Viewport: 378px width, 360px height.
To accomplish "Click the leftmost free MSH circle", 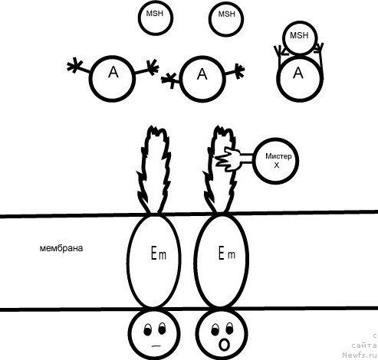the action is (156, 18).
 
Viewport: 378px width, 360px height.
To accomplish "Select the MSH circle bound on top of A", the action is (300, 38).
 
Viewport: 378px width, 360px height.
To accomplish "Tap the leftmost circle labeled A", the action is (112, 79).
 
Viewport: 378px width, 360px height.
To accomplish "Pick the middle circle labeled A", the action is (202, 79).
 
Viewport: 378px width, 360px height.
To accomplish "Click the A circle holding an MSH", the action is (300, 78).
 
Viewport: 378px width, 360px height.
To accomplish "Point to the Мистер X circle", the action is (276, 161).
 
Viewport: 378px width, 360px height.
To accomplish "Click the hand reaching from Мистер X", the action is (228, 159).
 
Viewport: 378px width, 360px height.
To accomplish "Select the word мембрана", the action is (61, 248).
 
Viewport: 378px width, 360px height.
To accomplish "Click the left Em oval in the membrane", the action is (154, 261).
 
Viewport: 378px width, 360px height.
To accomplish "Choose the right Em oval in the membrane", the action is (222, 261).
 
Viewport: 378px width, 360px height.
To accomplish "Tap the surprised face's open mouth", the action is (224, 345).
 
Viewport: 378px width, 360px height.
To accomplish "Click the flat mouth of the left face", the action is (156, 346).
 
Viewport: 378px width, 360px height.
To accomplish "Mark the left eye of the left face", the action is (147, 329).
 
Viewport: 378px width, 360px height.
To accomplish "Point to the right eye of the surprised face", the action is (229, 328).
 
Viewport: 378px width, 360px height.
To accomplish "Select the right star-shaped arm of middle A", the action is (238, 71).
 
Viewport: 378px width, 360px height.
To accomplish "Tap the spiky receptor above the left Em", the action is (153, 170).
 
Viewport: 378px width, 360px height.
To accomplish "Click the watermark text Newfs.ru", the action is (360, 355).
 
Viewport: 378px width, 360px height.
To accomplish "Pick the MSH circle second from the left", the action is (226, 18).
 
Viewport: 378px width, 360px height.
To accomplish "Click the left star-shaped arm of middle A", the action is (169, 80).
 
